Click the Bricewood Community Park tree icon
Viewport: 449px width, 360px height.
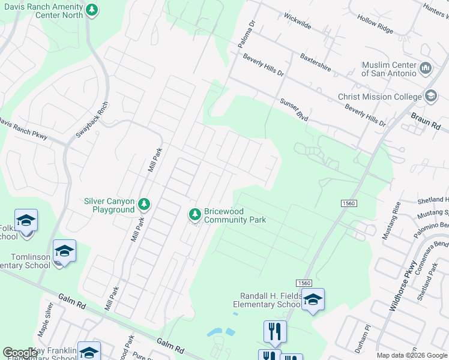pos(194,214)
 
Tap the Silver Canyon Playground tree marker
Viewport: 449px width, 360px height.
pos(144,205)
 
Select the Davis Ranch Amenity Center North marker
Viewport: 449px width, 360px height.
pos(91,10)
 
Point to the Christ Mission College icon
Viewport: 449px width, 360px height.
pos(430,96)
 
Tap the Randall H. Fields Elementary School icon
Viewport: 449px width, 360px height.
pos(312,299)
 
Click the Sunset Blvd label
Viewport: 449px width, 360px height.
pos(294,110)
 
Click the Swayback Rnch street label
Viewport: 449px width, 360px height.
pos(92,119)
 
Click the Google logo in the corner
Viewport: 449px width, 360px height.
pos(20,352)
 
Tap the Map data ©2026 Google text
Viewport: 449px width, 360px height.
pos(412,355)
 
